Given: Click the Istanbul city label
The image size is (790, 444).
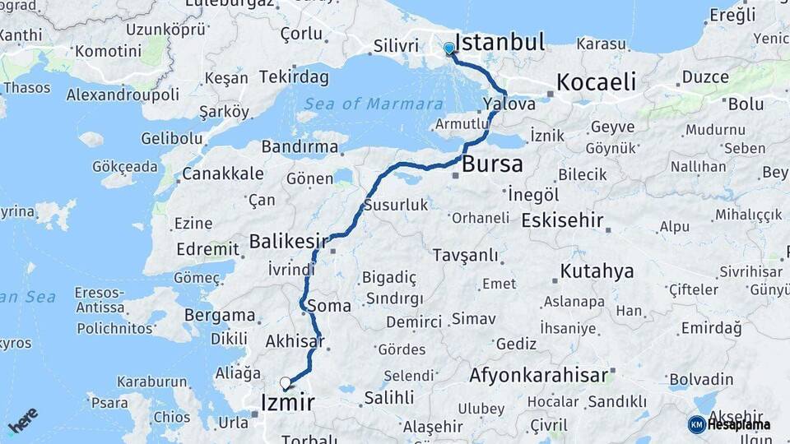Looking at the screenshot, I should click(x=500, y=43).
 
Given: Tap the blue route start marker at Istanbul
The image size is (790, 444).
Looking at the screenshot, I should click(x=449, y=49).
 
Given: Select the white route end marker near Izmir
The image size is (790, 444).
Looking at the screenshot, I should click(x=285, y=382).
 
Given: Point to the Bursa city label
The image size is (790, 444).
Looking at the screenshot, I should click(x=492, y=164).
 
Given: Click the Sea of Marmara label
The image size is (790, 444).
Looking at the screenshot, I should click(x=362, y=104).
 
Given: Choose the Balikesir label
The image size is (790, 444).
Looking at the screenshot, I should click(x=289, y=242).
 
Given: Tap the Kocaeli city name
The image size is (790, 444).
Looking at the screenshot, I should click(x=597, y=81).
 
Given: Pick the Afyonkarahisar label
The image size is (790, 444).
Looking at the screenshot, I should click(x=538, y=376).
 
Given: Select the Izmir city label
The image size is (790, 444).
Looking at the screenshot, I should click(x=286, y=403).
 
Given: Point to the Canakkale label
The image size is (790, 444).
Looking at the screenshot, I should click(x=222, y=173).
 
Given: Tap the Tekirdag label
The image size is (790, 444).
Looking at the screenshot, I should click(x=294, y=77).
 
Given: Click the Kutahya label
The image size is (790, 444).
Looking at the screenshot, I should click(x=597, y=271).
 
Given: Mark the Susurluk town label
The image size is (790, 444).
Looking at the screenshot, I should click(x=396, y=205).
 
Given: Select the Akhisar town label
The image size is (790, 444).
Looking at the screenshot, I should click(x=295, y=341).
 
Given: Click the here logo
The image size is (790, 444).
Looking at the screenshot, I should click(x=24, y=420).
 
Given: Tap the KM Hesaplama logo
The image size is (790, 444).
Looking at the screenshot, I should click(x=730, y=424).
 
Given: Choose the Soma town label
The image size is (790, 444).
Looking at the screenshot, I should click(x=329, y=306).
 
